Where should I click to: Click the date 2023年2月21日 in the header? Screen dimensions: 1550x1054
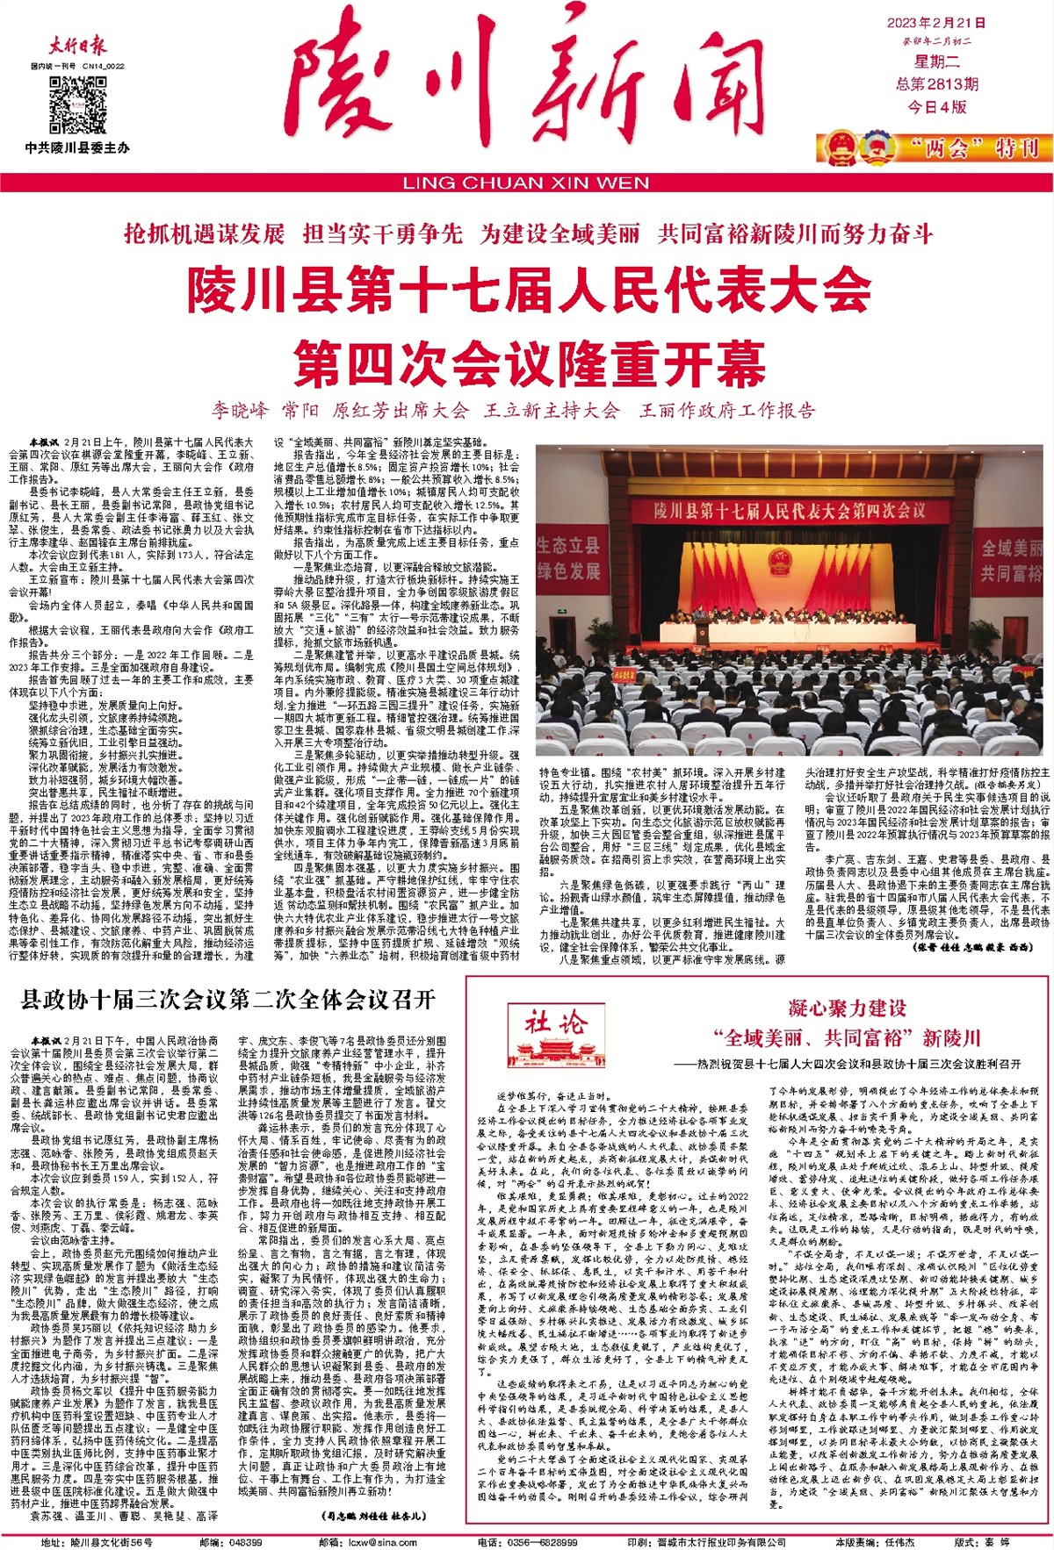(x=935, y=23)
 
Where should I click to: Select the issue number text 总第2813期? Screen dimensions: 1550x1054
(x=936, y=84)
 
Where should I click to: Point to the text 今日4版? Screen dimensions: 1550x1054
(x=937, y=107)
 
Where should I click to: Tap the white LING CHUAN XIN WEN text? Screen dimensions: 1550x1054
(x=526, y=183)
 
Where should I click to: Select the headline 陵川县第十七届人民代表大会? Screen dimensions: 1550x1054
(x=529, y=291)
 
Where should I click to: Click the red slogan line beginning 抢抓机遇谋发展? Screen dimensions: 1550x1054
(x=529, y=234)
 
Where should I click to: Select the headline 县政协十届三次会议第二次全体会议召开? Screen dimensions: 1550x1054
(x=228, y=999)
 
